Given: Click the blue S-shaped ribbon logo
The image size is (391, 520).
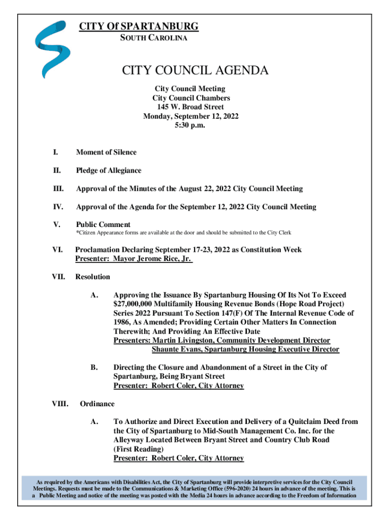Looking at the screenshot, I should click(x=50, y=48).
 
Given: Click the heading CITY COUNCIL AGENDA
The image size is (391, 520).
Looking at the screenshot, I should click(x=195, y=71).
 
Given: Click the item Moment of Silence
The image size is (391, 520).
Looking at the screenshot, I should click(x=106, y=152).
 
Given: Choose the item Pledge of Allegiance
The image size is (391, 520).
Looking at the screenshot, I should click(x=109, y=171).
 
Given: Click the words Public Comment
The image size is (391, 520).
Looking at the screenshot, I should click(x=103, y=224).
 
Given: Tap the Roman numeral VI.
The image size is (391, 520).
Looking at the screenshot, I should click(x=57, y=250).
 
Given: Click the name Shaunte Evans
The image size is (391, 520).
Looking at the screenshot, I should click(x=175, y=349).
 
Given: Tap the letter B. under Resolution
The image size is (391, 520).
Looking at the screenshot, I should click(x=93, y=367).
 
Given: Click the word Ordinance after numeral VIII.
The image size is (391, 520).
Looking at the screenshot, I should click(x=97, y=404).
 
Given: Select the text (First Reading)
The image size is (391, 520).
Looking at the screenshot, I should click(x=138, y=449).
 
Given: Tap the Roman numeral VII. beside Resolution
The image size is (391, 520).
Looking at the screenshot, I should click(x=59, y=277).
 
